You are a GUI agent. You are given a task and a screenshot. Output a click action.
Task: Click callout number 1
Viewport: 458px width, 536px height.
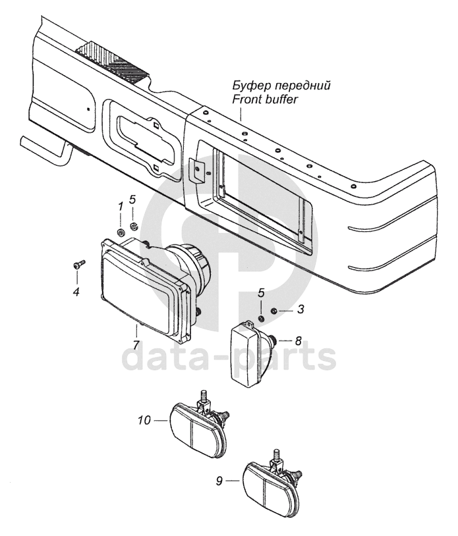[121, 206]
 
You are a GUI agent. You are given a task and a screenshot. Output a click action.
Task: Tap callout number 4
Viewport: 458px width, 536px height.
[76, 290]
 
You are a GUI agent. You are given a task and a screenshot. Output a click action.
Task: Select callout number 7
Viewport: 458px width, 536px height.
[136, 345]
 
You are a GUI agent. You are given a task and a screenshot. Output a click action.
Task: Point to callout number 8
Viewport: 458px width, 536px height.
[298, 341]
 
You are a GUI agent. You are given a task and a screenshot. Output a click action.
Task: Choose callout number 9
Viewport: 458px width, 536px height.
[219, 481]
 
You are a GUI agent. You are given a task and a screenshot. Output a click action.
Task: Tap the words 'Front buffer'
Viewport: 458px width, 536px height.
[266, 100]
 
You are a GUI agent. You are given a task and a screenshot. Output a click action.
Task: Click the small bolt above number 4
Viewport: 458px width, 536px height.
[76, 265]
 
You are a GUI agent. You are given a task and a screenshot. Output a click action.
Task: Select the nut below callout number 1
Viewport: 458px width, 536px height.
[120, 232]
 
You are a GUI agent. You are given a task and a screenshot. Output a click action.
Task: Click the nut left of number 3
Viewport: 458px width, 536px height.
[275, 310]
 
